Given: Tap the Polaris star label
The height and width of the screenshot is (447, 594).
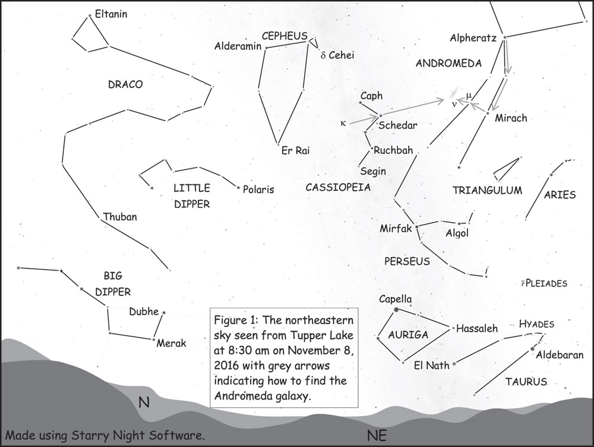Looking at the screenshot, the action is coord(258,190).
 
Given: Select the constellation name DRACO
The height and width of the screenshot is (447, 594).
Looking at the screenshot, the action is coord(125,84).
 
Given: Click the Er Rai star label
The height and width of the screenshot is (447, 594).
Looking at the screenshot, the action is coord(295,151).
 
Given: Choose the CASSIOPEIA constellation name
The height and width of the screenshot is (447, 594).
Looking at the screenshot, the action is coord(338,187).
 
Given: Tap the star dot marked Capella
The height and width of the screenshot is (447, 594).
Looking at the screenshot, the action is coord(396,310).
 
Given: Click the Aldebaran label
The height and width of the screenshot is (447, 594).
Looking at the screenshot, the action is coord(560,355).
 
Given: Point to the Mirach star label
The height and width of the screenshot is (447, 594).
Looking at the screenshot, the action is coord(510,118).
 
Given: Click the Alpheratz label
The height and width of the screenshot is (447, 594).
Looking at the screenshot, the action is coord(473,38).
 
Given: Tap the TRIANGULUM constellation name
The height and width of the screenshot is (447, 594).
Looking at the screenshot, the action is coord(487,191).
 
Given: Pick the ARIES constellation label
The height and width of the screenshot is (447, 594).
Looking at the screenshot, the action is coord(560,194).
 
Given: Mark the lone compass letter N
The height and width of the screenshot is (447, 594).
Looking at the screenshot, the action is coord(143,403).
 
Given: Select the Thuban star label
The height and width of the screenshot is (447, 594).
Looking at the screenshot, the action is coord(119,217).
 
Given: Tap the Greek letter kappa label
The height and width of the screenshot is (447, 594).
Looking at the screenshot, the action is coord(342,124).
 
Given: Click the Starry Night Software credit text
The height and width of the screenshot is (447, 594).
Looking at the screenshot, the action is coord(105,435).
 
